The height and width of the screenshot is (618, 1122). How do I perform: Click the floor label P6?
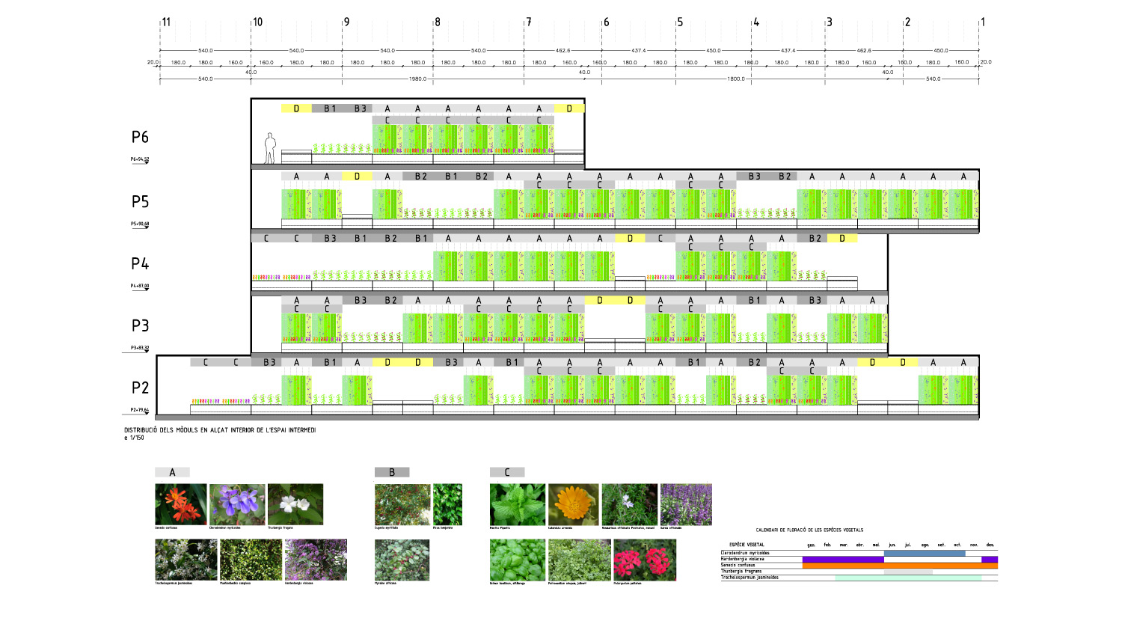click(x=140, y=137)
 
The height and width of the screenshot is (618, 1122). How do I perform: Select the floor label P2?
click(x=140, y=388)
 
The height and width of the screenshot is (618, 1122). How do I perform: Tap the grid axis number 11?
click(x=165, y=22)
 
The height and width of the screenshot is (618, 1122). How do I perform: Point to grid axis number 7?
click(x=529, y=22)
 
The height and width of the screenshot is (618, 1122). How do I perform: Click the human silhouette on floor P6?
click(x=270, y=148)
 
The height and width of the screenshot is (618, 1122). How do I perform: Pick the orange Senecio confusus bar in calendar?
click(x=899, y=566)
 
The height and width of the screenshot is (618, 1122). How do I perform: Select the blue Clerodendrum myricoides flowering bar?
click(x=924, y=554)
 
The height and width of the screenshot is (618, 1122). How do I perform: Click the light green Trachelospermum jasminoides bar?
click(x=907, y=578)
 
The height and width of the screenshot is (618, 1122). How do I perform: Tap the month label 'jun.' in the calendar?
click(x=892, y=545)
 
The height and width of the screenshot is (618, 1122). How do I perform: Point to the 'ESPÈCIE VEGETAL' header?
click(x=747, y=545)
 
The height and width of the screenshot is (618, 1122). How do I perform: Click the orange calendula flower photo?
click(x=573, y=504)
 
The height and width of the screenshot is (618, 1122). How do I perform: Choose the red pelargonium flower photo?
click(x=644, y=560)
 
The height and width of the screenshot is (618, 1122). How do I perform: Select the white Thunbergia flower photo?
click(x=295, y=504)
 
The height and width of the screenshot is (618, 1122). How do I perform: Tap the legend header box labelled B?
click(x=392, y=472)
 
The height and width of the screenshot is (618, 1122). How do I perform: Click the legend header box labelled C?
click(x=507, y=472)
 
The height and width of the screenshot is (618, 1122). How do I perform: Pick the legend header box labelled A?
click(x=172, y=472)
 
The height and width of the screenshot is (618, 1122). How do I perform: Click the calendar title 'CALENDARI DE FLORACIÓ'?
click(x=809, y=530)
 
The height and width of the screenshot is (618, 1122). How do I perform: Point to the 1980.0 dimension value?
click(x=418, y=79)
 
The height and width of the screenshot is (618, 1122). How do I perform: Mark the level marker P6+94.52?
click(x=140, y=159)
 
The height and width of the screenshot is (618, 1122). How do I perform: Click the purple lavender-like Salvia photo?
click(x=686, y=504)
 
